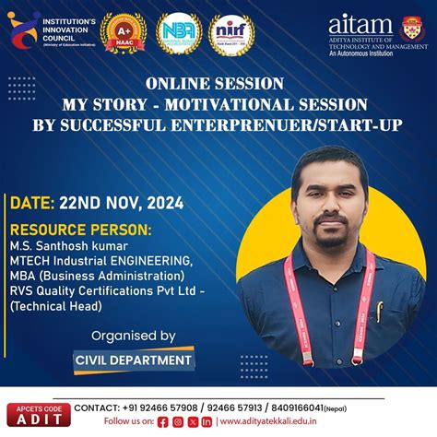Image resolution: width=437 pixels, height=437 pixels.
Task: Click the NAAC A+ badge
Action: coord(123,33)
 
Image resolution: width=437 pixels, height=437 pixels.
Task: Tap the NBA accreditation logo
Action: coord(179,33)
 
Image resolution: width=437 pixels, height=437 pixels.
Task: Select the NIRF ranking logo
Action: coord(231,33)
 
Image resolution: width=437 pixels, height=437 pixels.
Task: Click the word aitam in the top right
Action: coord(360,25)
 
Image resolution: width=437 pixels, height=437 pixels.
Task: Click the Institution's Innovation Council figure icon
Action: coord(23,29)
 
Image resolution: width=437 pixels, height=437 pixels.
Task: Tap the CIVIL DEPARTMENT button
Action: coord(134,360)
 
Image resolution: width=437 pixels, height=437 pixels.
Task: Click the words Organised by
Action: coord(135,336)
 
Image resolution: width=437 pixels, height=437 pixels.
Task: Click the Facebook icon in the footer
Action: coord(163,421)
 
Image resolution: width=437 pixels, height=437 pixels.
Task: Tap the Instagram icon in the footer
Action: coord(178,421)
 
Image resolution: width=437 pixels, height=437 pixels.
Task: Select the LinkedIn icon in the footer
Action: coord(207,421)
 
